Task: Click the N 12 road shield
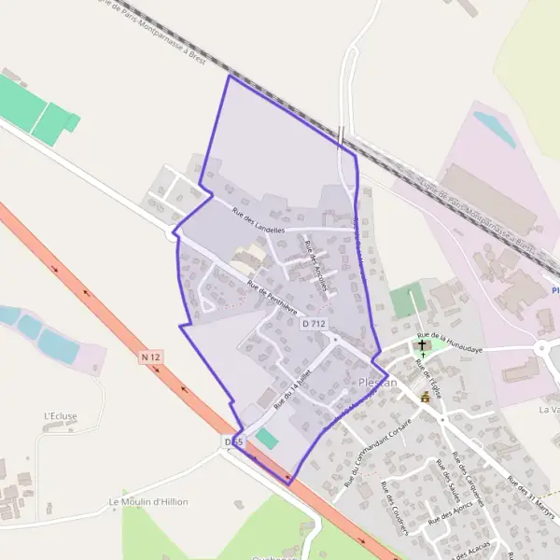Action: (152, 357)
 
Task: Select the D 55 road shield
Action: (234, 440)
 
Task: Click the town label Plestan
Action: (378, 383)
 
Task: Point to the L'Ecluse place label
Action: (60, 415)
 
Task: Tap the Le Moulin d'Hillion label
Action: (148, 501)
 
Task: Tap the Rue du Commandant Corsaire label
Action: (384, 448)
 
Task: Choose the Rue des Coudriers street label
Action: (395, 508)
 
